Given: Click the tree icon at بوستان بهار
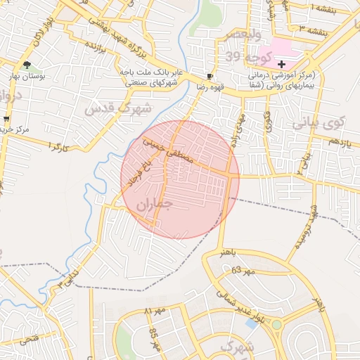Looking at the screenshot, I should [27, 65].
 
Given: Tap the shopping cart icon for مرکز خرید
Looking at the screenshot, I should [7, 118].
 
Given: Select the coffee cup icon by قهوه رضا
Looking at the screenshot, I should [210, 76].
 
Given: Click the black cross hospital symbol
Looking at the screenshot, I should [281, 63].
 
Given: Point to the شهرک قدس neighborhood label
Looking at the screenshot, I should [117, 108].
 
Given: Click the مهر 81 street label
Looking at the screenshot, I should [155, 310].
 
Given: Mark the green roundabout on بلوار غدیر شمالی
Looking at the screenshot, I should [277, 325].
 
